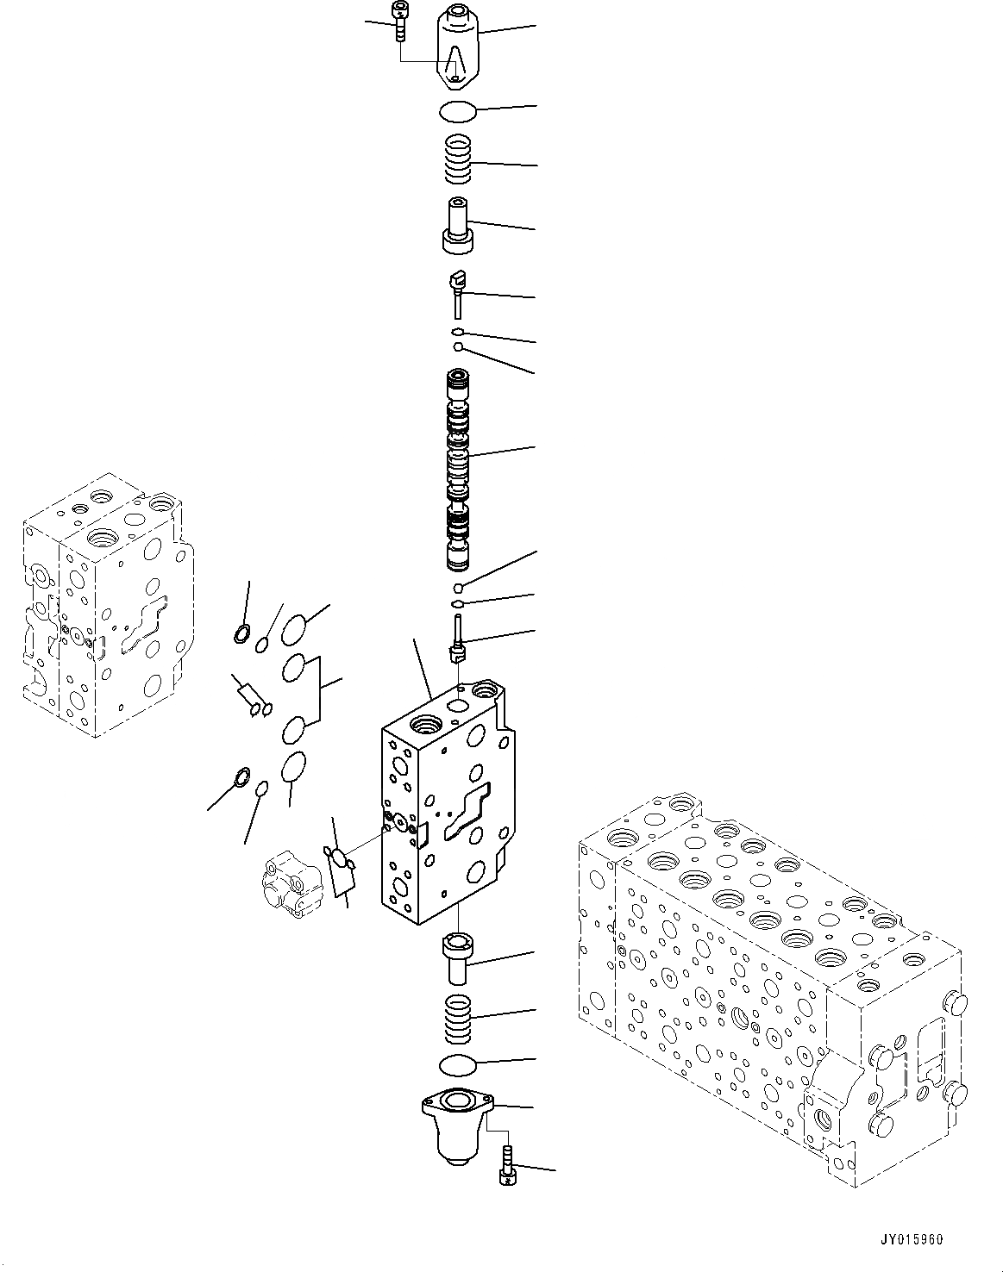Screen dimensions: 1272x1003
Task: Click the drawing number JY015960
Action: pyautogui.click(x=912, y=1240)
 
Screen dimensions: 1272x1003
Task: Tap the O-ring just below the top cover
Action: pyautogui.click(x=457, y=112)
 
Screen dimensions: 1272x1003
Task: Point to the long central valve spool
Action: pyautogui.click(x=458, y=471)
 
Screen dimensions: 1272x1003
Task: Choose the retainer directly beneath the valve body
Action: pyautogui.click(x=457, y=957)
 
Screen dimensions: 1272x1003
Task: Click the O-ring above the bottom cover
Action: pyautogui.click(x=457, y=1065)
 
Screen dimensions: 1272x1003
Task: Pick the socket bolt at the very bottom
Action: pyautogui.click(x=507, y=1165)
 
